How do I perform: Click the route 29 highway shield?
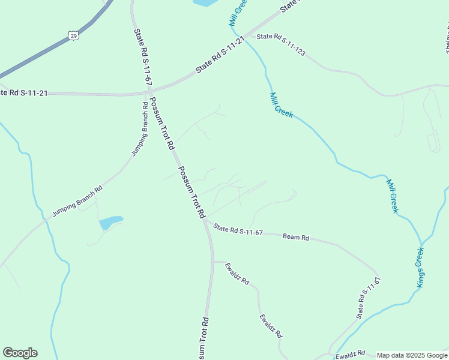pos(73,36)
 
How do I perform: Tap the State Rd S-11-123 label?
pos(281,44)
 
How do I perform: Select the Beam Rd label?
pos(296,238)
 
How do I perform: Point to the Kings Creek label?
pos(421,268)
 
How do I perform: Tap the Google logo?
pos(20,353)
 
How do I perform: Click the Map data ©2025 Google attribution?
pos(412,355)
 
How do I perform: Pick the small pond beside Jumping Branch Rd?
pos(111,223)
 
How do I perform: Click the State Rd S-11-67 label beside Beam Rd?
pos(238,230)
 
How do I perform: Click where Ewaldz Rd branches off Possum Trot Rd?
pos(212,262)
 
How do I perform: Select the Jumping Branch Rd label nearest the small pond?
pos(77,201)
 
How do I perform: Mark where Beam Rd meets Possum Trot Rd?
pos(205,221)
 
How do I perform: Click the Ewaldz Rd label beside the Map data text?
pos(351,355)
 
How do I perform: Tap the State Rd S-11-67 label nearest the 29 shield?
pos(143,58)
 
